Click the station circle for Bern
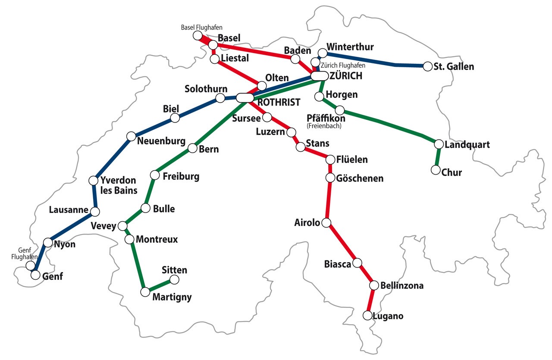click(x=192, y=149)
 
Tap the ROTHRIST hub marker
click(x=245, y=98)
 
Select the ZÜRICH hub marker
click(x=320, y=76)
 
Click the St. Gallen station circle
click(x=427, y=66)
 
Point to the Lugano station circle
click(x=367, y=316)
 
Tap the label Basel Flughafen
click(x=201, y=27)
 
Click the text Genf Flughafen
click(x=25, y=254)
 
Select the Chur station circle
click(x=436, y=170)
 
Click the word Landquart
click(x=467, y=144)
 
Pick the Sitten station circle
click(x=175, y=280)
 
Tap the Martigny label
click(x=172, y=297)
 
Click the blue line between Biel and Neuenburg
click(x=153, y=127)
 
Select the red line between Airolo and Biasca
click(x=342, y=243)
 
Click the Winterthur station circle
click(x=323, y=53)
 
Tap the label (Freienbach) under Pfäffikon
click(x=324, y=126)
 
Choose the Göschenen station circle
click(x=330, y=178)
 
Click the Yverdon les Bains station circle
click(x=93, y=181)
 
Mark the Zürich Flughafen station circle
click(x=315, y=62)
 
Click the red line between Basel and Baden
click(x=254, y=52)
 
